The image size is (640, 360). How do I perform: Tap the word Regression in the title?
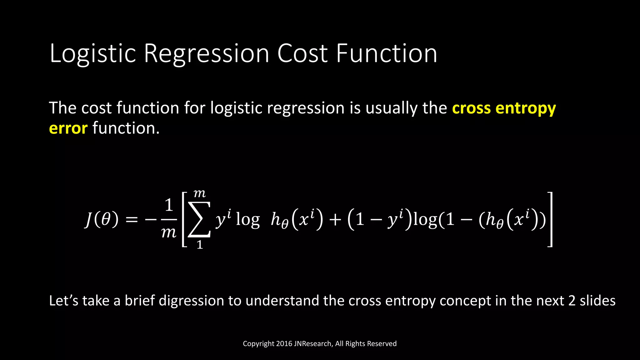(x=206, y=54)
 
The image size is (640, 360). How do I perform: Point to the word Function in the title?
(x=387, y=54)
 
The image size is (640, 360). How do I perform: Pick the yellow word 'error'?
(x=68, y=128)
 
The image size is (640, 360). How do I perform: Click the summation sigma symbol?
(x=199, y=219)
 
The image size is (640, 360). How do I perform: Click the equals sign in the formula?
(x=132, y=220)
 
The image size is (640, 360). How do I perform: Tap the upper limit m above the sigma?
(x=199, y=194)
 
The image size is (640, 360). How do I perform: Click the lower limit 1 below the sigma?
(x=200, y=245)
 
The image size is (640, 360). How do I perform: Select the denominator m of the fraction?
(x=169, y=232)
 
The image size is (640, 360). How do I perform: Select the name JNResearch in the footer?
(x=313, y=344)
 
